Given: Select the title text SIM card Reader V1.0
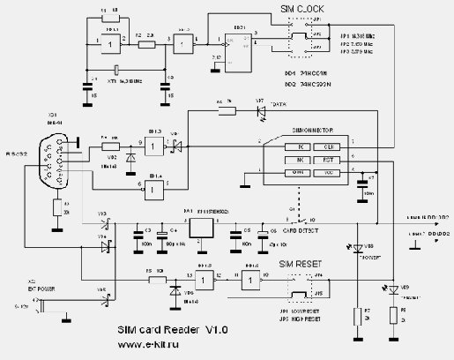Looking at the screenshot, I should click(x=173, y=330).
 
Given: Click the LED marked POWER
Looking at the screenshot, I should click(x=356, y=249).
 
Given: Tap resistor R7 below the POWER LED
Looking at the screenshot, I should click(x=356, y=314).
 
